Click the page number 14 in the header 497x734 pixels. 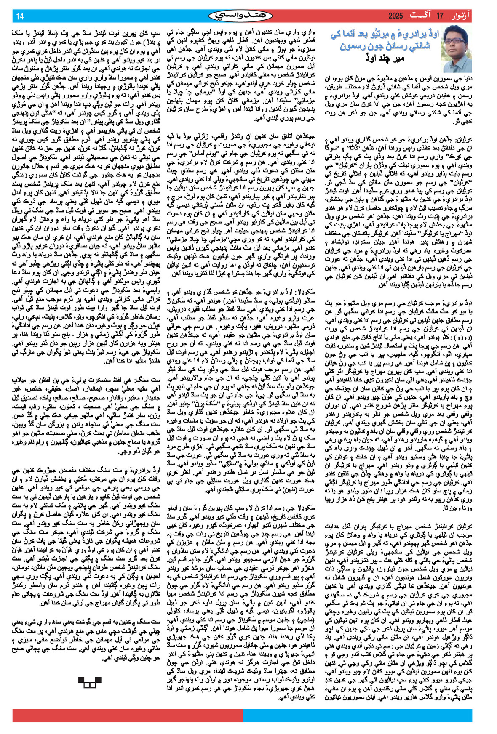tap(20, 16)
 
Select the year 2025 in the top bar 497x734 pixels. tap(396, 16)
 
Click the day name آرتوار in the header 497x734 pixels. tap(462, 16)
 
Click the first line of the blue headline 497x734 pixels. tap(385, 35)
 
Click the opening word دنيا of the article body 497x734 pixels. tap(465, 78)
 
